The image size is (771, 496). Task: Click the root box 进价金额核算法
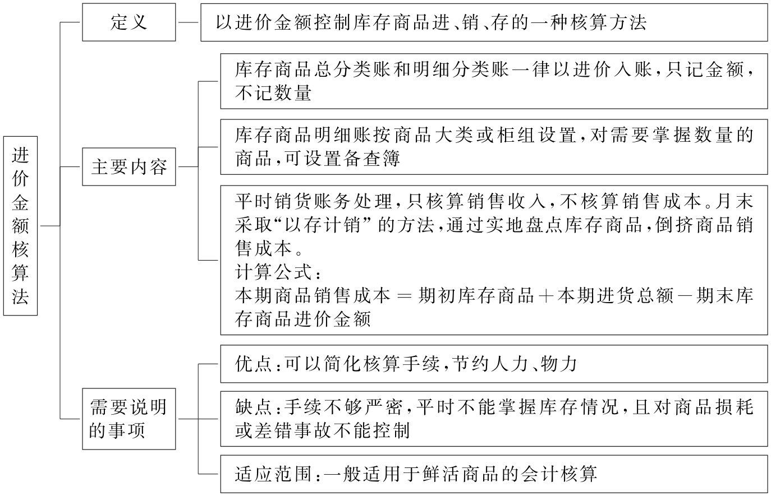click(x=20, y=225)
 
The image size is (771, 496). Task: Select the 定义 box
click(x=128, y=22)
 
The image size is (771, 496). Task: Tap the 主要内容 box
click(x=128, y=166)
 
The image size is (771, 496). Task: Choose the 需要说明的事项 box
click(x=128, y=419)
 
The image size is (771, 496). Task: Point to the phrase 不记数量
click(x=273, y=93)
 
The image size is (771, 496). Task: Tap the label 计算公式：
click(x=278, y=272)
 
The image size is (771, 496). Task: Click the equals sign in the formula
click(x=404, y=296)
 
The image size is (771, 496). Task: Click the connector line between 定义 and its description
click(x=188, y=22)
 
